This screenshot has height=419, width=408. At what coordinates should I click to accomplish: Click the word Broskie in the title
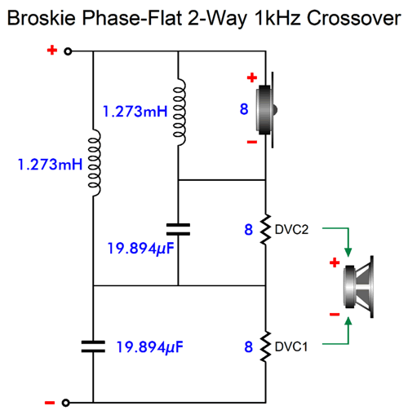click(x=42, y=18)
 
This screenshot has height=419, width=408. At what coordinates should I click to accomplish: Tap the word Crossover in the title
click(x=354, y=18)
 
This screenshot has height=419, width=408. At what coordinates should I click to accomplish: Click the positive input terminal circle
click(x=68, y=51)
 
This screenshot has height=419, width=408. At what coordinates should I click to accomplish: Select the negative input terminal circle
click(x=65, y=403)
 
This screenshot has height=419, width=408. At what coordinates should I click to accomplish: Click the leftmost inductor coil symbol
click(x=94, y=162)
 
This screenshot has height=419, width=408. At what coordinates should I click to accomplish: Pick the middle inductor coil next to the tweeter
click(x=180, y=112)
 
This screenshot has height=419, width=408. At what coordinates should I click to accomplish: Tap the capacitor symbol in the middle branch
click(x=178, y=229)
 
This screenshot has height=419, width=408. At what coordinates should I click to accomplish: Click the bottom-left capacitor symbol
click(x=93, y=346)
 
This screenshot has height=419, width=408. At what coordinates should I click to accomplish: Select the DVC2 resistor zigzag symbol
click(x=265, y=229)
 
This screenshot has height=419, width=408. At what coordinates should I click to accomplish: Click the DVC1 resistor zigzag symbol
click(x=265, y=346)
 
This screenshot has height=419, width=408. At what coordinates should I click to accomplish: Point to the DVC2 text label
click(x=291, y=230)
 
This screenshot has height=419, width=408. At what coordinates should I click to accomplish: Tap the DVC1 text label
click(x=291, y=346)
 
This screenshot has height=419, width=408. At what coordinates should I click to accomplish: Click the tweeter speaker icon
click(x=266, y=110)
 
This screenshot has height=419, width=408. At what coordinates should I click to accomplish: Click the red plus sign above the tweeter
click(x=252, y=77)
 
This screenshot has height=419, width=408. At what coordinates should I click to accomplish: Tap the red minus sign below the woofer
click(x=335, y=315)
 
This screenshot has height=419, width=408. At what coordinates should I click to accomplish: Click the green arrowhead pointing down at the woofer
click(x=348, y=253)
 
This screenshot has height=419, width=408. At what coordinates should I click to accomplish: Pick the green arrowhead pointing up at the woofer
click(x=348, y=321)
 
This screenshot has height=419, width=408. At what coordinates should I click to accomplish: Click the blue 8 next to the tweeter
click(x=244, y=109)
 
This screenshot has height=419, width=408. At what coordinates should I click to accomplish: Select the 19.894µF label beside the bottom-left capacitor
click(x=149, y=347)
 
